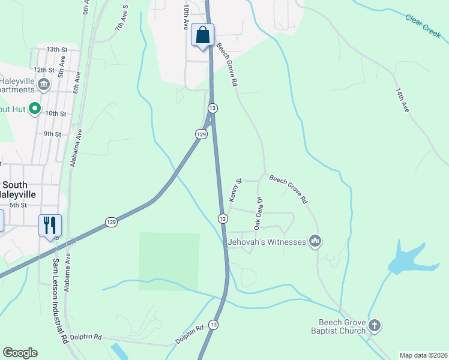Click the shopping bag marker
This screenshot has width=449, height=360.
tap(203, 35)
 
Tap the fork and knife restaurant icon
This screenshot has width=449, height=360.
tap(50, 226)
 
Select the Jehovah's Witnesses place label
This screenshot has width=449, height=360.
tap(267, 242)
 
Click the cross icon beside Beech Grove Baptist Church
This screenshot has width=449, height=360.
tap(374, 326)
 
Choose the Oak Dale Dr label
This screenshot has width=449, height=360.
tap(259, 213)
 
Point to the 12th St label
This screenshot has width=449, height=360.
tap(48, 70)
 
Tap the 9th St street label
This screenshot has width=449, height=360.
tap(52, 134)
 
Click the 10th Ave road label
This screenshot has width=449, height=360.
tap(186, 17)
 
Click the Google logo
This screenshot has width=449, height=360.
tap(20, 353)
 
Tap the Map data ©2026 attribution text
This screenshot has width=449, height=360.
tap(423, 355)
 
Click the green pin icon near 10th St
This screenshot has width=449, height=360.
tap(35, 109)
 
